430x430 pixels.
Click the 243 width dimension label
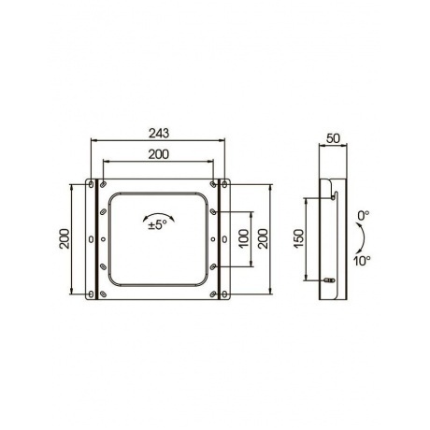pos(159,133)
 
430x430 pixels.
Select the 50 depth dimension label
pos(333,138)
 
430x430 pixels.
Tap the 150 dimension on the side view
pos(298,238)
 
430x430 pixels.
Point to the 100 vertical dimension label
pos(244,238)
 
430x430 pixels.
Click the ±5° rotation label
pos(158,225)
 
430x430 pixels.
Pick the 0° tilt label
pos(364,216)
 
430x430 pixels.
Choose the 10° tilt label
pos(362,261)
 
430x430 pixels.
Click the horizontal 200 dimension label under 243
pos(158,154)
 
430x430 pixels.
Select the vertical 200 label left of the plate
pos(64,238)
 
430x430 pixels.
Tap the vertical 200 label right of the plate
pos(263,238)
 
